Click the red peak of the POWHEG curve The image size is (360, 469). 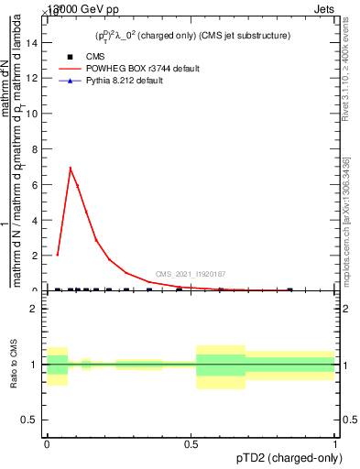71,169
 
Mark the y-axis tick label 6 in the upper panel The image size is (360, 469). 35,184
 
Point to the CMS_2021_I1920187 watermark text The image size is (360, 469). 191,274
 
